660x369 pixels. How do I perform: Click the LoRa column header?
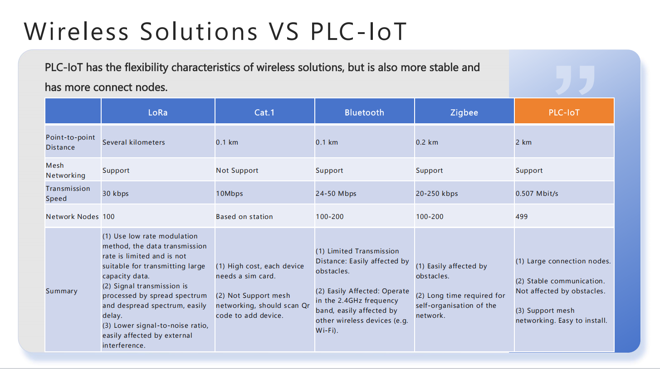[x=158, y=112]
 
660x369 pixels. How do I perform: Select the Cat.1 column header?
[x=264, y=112]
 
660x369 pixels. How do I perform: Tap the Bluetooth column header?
[x=364, y=112]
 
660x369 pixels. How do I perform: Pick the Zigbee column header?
[x=464, y=112]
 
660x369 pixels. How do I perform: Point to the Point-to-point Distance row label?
[x=70, y=142]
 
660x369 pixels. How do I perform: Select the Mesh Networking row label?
[x=65, y=170]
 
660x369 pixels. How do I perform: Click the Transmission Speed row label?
[x=68, y=194]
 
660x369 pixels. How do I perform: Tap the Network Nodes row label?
[x=72, y=216]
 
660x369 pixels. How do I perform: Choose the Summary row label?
[x=62, y=291]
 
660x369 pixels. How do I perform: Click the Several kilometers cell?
[x=133, y=142]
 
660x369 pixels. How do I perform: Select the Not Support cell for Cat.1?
[x=237, y=170]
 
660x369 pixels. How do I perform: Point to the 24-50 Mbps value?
[x=336, y=194]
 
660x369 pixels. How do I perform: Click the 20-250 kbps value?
[x=437, y=194]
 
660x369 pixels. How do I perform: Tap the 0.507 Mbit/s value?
[x=537, y=194]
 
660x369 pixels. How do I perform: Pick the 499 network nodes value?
[x=522, y=216]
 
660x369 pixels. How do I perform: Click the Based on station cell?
[x=244, y=216]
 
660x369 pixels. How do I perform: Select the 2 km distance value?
[x=523, y=142]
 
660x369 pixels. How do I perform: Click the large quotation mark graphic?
[x=575, y=80]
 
